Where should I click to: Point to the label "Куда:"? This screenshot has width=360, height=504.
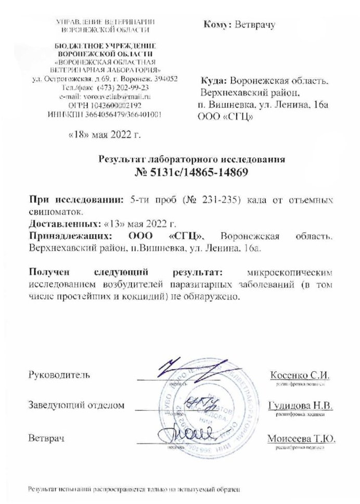pos(214,81)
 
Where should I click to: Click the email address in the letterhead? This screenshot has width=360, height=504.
pos(105,97)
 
